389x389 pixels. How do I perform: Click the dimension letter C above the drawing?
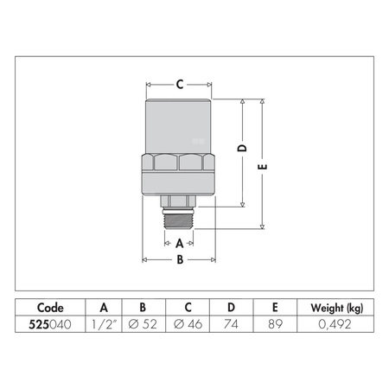179,85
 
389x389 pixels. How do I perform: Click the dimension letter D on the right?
243,149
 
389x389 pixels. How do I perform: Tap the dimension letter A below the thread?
179,243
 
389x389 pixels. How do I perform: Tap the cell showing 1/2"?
104,325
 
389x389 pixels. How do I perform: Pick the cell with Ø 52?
143,325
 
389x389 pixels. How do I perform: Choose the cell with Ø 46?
188,325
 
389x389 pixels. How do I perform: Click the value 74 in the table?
231,325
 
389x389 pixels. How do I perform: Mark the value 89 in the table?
274,325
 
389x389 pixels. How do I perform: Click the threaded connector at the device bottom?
179,217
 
